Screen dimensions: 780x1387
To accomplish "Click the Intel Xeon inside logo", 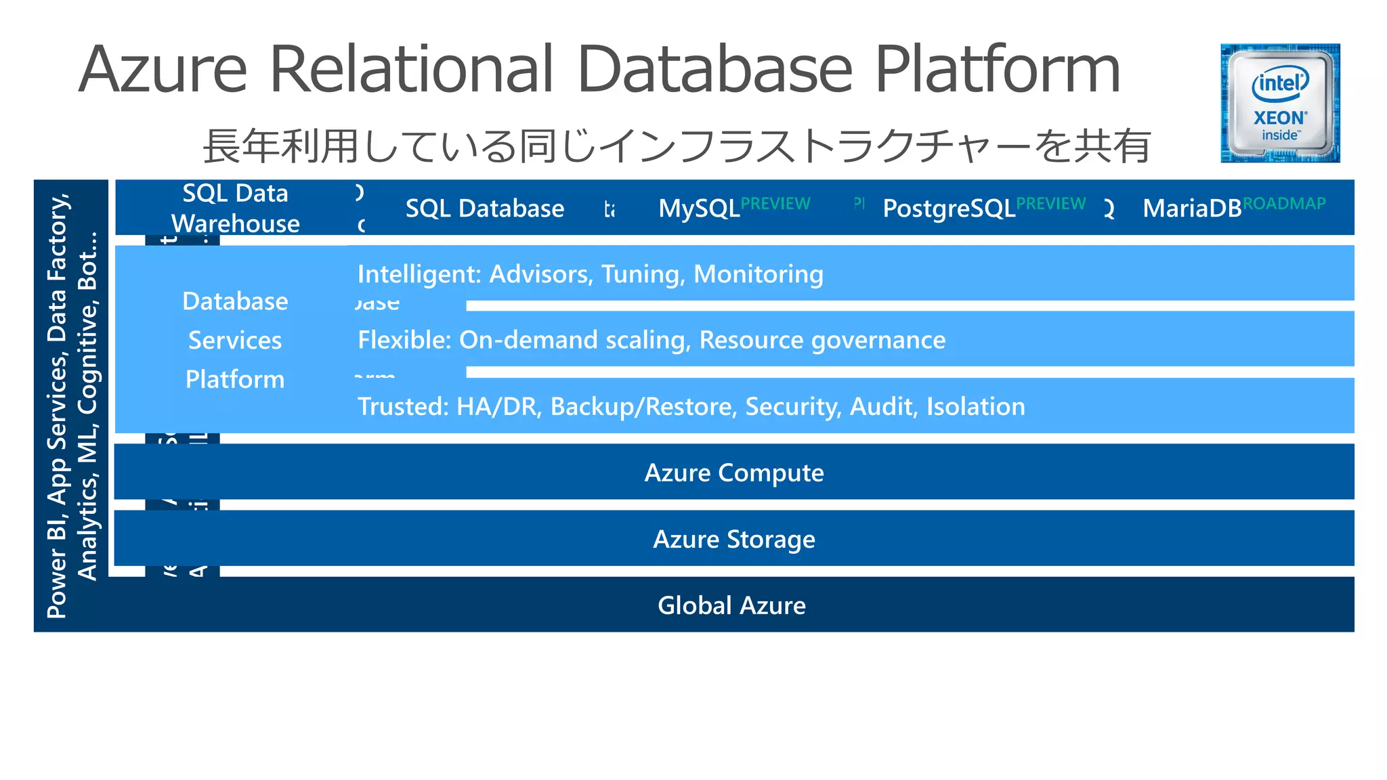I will (x=1279, y=103).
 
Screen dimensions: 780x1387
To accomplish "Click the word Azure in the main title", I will (x=163, y=70).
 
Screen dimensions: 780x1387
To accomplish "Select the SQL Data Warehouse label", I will (x=235, y=208).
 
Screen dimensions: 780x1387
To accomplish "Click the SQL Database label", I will (x=484, y=209).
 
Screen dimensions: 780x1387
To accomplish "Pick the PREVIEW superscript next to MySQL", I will (x=775, y=203).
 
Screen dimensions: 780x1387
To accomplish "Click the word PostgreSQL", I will (x=948, y=209).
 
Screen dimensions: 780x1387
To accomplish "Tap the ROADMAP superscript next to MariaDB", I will (x=1284, y=203).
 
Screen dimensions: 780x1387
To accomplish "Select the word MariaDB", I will (x=1191, y=209).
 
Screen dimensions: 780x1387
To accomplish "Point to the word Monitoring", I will (x=759, y=274).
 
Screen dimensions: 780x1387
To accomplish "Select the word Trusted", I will (x=403, y=406).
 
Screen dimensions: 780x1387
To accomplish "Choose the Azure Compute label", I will (x=734, y=473).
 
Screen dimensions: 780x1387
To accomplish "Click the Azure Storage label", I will (x=734, y=539).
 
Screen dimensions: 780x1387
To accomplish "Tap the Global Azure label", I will (x=731, y=605).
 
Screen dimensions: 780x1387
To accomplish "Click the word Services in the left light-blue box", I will (x=235, y=340).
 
